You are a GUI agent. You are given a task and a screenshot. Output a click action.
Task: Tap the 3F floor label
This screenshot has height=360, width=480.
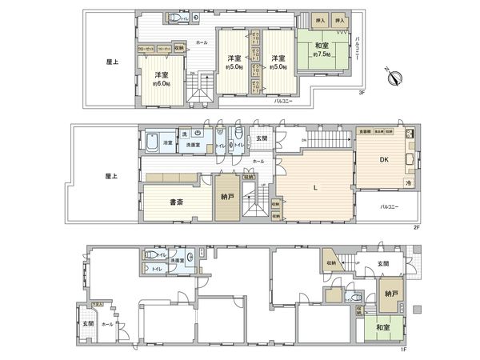[x=362, y=93]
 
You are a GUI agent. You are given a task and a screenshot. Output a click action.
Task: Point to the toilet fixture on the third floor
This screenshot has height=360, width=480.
[x=174, y=18]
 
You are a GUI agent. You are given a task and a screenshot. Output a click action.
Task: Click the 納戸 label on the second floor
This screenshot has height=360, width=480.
[x=226, y=197]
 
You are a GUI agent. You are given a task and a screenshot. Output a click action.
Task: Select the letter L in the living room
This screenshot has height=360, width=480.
[x=317, y=187]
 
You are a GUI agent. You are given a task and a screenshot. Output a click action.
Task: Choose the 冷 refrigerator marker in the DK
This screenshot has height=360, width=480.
[x=407, y=183]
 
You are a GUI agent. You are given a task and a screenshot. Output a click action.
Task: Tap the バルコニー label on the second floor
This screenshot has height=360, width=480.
[x=389, y=206]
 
